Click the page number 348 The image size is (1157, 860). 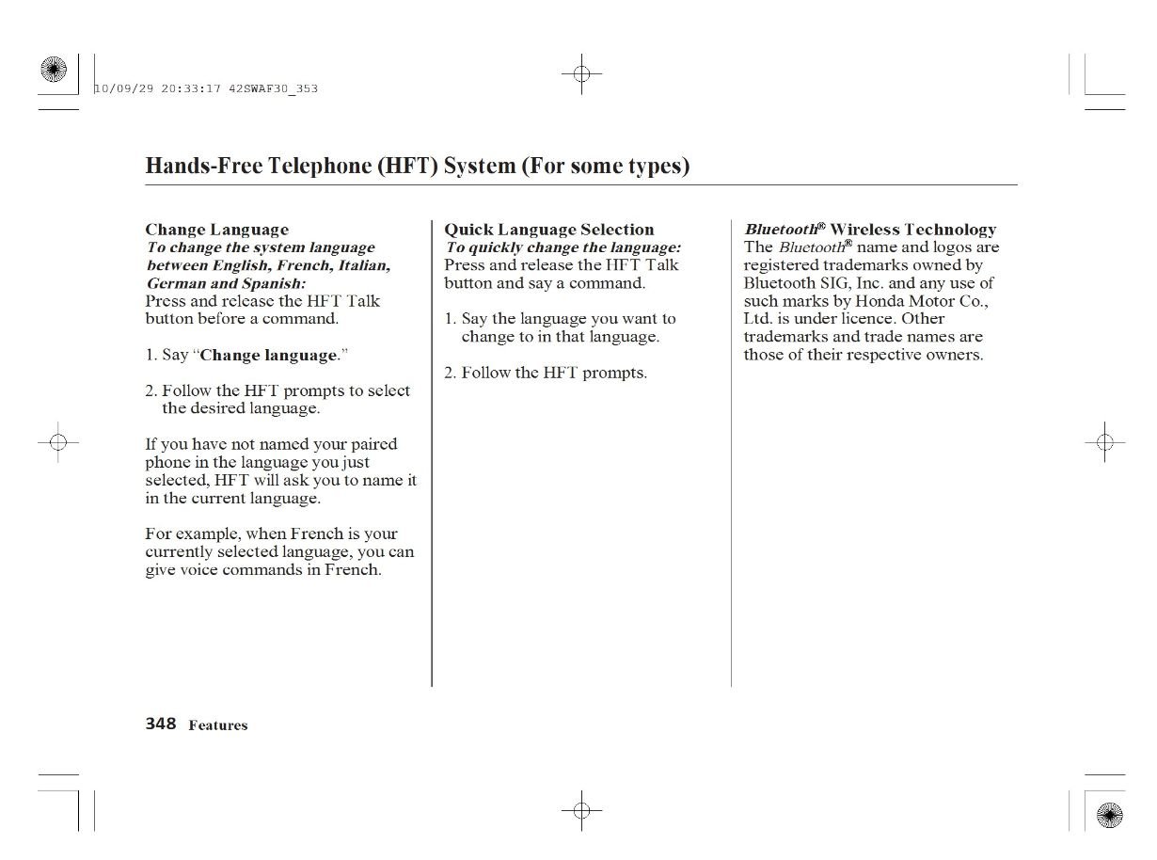161,724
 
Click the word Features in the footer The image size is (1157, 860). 218,725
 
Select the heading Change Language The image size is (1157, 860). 216,230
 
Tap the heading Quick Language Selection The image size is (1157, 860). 548,230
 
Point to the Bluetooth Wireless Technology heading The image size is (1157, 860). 870,230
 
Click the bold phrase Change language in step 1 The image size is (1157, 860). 268,356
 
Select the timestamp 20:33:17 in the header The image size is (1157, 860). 191,88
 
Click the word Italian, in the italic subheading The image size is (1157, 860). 361,265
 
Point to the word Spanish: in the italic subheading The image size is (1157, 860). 274,283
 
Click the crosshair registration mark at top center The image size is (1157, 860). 581,74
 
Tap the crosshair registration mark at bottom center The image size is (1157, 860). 581,809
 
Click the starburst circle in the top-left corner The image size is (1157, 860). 55,70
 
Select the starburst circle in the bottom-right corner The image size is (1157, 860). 1110,814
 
